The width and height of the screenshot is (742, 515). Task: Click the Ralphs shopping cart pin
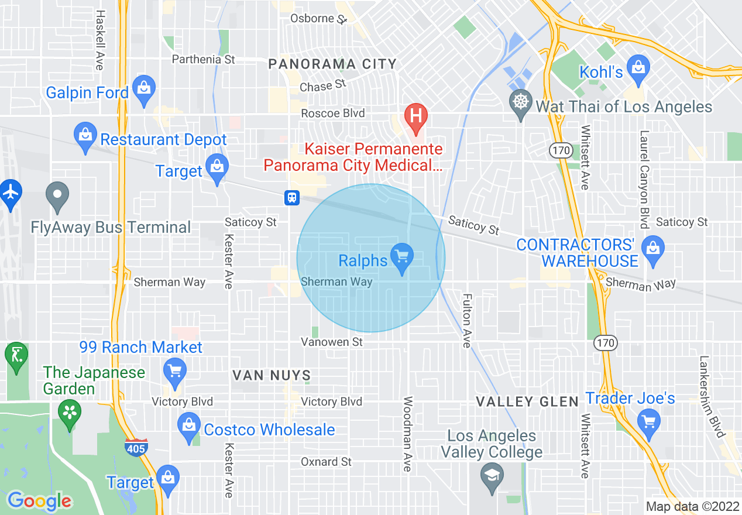(x=401, y=257)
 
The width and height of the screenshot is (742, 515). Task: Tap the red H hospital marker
(x=415, y=115)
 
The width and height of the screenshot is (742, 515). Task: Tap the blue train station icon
(x=292, y=198)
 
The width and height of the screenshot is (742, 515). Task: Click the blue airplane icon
(x=11, y=191)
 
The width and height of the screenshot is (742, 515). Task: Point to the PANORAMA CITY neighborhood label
(x=332, y=64)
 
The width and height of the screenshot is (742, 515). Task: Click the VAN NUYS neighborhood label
(x=272, y=375)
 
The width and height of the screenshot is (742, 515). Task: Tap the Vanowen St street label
(x=332, y=342)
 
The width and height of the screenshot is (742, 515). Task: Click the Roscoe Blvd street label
(x=333, y=114)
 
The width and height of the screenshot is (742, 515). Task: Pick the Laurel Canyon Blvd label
(x=644, y=179)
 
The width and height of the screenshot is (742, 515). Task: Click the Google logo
(x=39, y=502)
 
